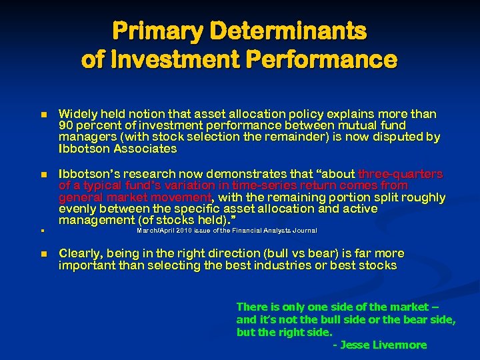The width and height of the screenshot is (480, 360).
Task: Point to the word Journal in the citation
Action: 304,231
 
